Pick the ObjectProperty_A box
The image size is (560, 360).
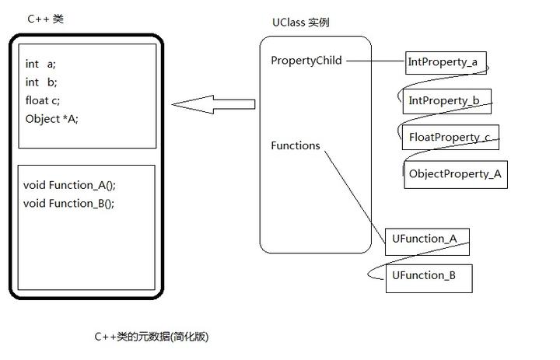455,174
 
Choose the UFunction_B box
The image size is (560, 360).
429,276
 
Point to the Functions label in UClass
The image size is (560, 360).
295,145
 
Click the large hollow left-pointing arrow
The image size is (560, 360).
213,104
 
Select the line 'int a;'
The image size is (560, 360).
40,64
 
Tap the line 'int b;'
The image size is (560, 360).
40,82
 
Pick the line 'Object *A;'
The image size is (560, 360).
51,119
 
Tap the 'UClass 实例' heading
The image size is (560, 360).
301,23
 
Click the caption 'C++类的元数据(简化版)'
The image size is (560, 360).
151,337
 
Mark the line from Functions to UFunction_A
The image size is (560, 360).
354,190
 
